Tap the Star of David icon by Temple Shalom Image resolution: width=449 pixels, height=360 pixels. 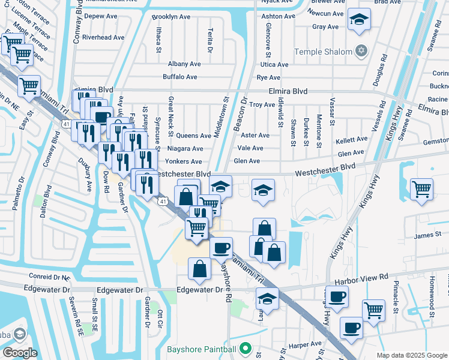coord(361,50)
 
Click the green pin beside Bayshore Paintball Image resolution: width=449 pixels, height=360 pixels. coord(245,349)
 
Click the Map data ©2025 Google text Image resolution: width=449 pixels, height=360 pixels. coord(412,355)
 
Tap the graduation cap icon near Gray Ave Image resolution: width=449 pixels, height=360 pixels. coord(359,21)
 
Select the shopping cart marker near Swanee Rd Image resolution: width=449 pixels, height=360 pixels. coord(422,189)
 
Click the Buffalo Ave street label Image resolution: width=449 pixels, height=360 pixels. coord(180,77)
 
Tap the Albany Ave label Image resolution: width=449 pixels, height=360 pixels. coord(184,64)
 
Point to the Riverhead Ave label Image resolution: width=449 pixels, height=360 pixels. coord(103,37)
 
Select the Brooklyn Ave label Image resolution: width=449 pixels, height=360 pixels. coord(170,17)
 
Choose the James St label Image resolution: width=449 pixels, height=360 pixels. coord(427,236)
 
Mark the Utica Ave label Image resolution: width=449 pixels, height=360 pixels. coord(274,64)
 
